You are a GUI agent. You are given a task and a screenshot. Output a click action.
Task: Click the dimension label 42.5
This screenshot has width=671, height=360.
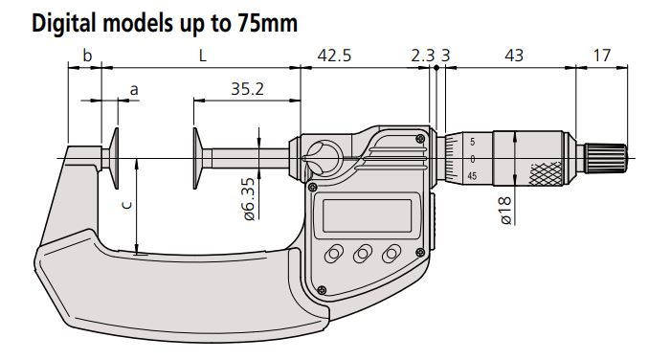334,56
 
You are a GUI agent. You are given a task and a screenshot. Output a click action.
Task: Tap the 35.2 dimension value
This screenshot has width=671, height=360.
247,89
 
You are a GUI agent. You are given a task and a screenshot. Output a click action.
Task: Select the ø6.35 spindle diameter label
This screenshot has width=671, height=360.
249,199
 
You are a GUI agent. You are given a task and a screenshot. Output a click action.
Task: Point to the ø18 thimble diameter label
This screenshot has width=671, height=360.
505,211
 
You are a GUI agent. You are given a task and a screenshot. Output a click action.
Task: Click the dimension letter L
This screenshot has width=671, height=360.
202,56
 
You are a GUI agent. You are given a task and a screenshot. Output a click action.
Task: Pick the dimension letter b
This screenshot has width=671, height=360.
87,56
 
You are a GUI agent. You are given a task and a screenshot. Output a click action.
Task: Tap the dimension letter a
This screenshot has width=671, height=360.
134,90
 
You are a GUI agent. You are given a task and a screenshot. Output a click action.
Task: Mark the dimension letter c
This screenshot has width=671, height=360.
126,205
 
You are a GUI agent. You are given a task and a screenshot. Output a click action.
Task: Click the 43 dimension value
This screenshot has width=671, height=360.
514,56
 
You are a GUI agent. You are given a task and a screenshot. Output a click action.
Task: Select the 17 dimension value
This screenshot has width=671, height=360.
602,56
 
